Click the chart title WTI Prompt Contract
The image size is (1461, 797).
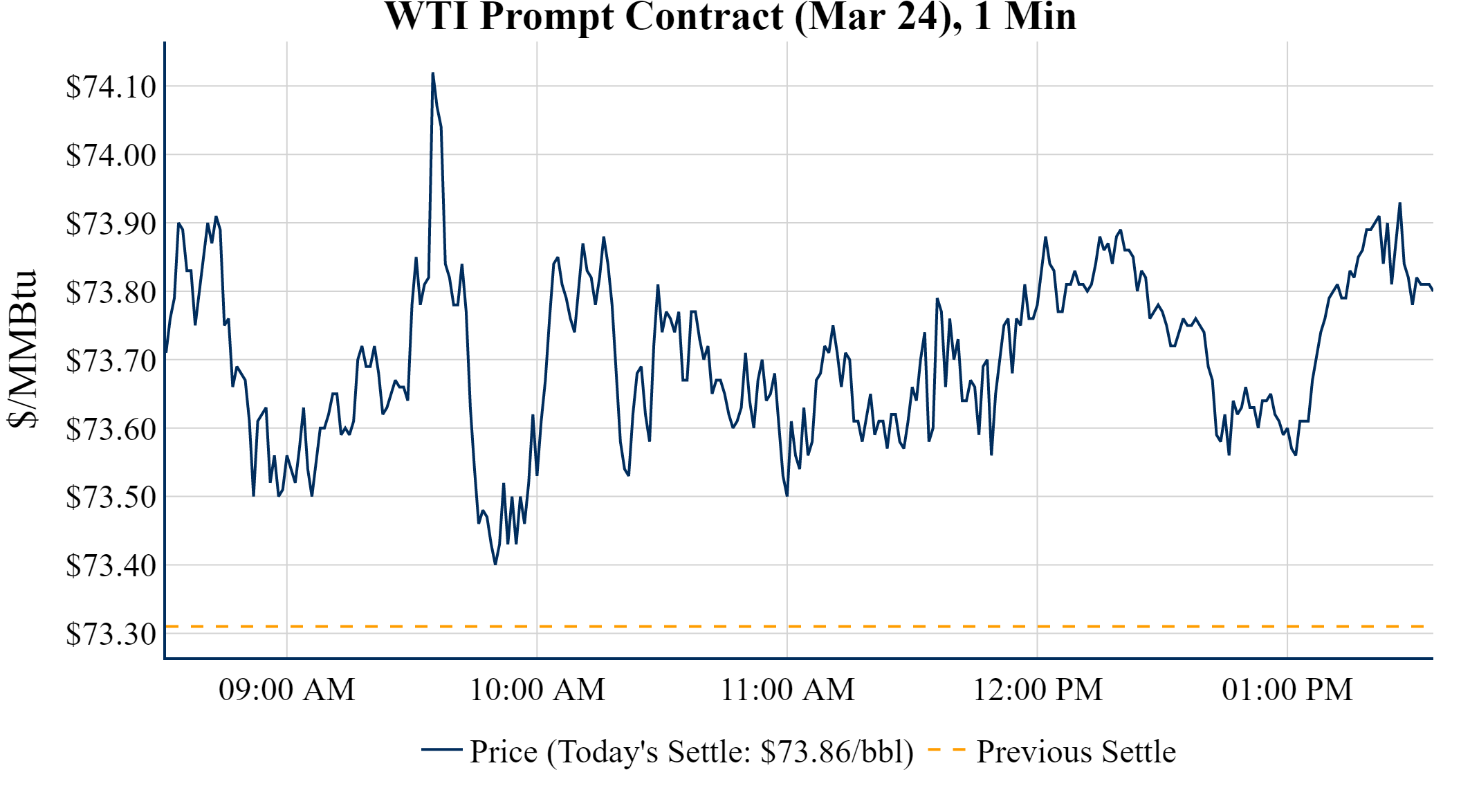click(x=730, y=17)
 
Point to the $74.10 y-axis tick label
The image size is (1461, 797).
click(x=111, y=87)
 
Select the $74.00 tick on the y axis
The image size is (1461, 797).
click(x=111, y=155)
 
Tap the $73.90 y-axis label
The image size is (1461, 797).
click(x=111, y=223)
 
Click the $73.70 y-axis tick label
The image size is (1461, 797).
click(x=111, y=360)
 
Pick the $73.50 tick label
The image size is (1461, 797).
click(x=111, y=497)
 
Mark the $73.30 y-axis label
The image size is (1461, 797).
click(x=111, y=634)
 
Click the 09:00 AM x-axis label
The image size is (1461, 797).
click(x=287, y=690)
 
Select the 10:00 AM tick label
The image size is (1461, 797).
click(x=537, y=690)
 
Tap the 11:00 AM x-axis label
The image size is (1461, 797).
click(x=787, y=690)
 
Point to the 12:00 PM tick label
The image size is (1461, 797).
click(x=1038, y=690)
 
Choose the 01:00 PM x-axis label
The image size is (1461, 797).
click(x=1287, y=690)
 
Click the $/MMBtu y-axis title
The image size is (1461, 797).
click(x=23, y=349)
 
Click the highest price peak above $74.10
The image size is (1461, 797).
click(x=433, y=73)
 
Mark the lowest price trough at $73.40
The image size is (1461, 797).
click(x=495, y=564)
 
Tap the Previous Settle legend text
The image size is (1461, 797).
click(x=1076, y=751)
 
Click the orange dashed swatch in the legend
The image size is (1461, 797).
click(x=946, y=749)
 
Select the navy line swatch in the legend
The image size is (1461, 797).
click(x=441, y=749)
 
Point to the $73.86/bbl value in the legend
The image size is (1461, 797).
click(x=836, y=751)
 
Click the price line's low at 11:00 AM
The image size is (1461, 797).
click(x=787, y=495)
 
